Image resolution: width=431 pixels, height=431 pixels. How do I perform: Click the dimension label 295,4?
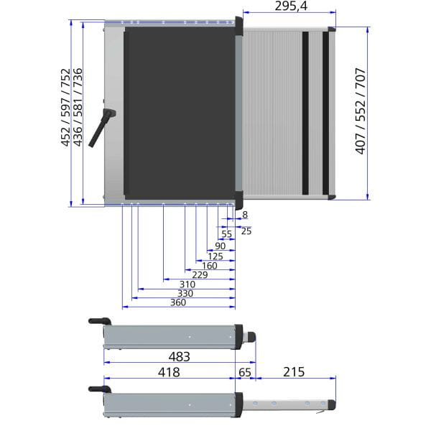click(291, 6)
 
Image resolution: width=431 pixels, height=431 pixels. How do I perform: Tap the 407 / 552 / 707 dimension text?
click(361, 111)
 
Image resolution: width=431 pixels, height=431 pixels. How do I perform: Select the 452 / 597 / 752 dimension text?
click(65, 108)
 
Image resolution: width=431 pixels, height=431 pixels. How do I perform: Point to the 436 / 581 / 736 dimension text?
click(78, 107)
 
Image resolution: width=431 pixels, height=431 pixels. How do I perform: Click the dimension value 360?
click(178, 302)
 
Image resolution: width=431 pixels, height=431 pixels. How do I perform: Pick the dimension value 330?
click(185, 293)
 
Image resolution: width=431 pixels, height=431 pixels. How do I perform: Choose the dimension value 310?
click(187, 284)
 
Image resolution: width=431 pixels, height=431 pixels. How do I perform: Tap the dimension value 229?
click(200, 275)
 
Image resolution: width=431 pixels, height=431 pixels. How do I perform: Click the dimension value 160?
click(210, 266)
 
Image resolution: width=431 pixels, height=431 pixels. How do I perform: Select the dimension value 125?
click(215, 256)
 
